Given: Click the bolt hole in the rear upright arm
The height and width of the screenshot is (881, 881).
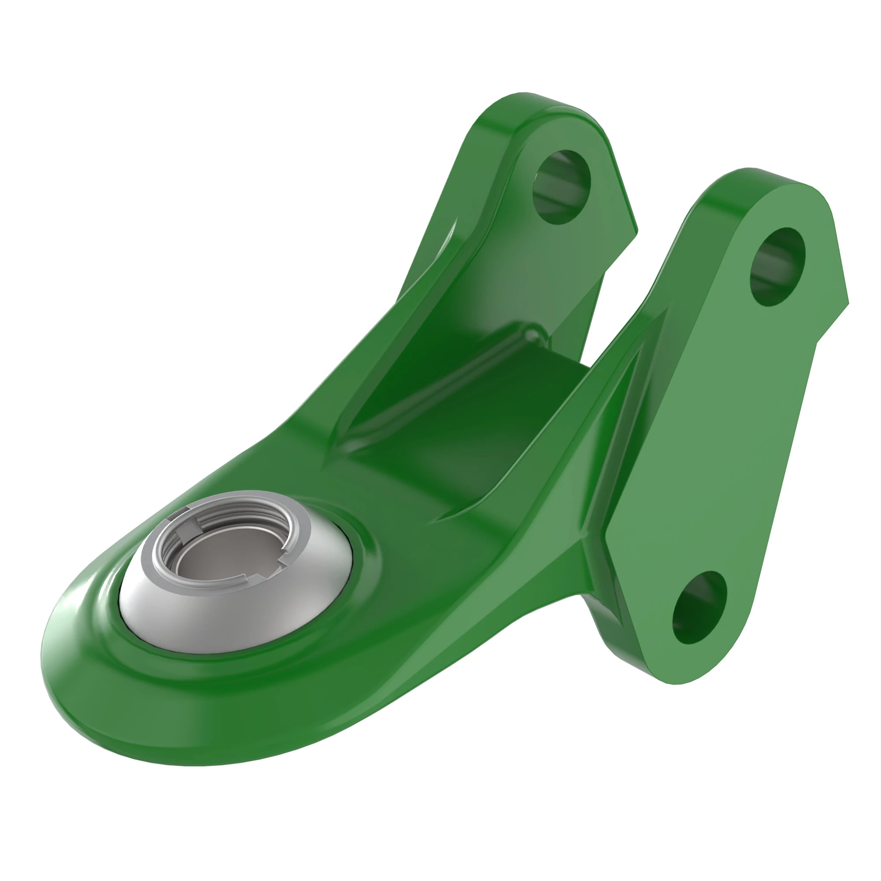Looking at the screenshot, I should (561, 186).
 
